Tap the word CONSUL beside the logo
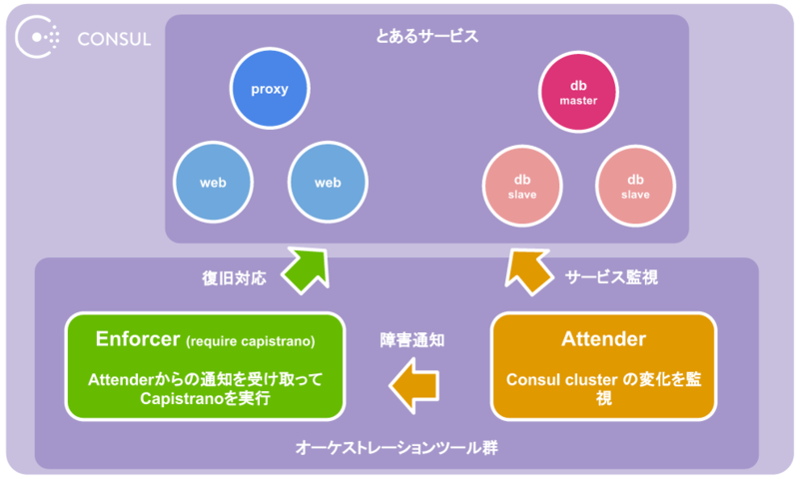tap(114, 40)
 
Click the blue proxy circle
tap(270, 89)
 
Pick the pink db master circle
tap(577, 93)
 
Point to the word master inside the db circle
tap(577, 102)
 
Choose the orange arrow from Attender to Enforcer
tap(412, 383)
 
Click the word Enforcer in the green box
tap(137, 339)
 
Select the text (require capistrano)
tap(251, 341)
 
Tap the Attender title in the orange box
tap(602, 339)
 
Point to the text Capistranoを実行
tap(204, 398)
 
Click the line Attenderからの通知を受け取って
tap(205, 379)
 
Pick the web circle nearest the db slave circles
tap(328, 183)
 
